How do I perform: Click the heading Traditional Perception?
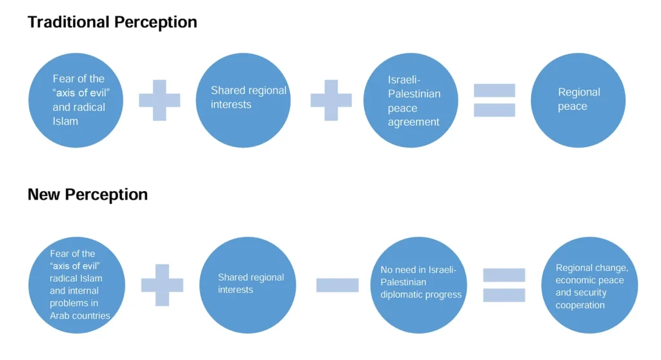pos(112,22)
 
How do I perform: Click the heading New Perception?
pos(88,194)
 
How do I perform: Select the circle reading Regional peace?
pos(578,101)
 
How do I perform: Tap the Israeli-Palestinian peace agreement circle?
pos(411,101)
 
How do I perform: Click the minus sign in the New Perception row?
pos(337,285)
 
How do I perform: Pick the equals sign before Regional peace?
pos(494,100)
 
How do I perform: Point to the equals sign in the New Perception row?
pos(503,285)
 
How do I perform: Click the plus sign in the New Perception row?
pos(162,285)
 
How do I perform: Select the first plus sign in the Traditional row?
pos(159,100)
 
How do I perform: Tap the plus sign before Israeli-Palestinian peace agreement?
pos(331,100)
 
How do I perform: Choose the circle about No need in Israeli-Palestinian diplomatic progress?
pos(418,285)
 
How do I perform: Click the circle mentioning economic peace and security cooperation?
pos(589,285)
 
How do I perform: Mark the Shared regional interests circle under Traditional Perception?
pos(243,101)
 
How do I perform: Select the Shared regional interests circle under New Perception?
pos(247,285)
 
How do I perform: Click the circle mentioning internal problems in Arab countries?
pos(77,285)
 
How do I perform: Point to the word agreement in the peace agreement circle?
pos(414,122)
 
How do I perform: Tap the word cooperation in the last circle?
pos(580,305)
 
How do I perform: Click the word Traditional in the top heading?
pos(67,22)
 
